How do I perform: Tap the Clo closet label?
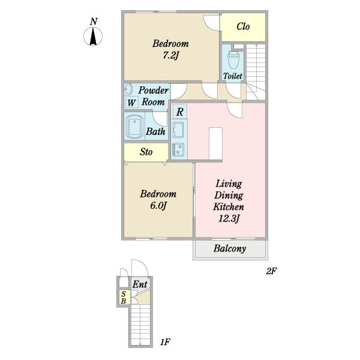[x=243, y=26]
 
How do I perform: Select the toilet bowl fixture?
[x=233, y=59]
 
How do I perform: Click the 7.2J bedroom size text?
[x=170, y=55]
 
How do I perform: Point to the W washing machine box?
[x=131, y=102]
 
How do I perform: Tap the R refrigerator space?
[x=180, y=112]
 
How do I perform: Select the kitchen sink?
[x=178, y=130]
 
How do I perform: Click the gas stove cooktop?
[x=178, y=149]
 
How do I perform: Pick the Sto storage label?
[x=146, y=152]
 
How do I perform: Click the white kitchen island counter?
[x=215, y=144]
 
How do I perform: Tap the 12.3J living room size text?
[x=229, y=218]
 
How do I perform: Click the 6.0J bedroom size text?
[x=158, y=206]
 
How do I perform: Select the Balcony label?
[x=230, y=248]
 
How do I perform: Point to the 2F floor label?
[x=271, y=271]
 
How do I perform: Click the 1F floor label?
[x=165, y=342]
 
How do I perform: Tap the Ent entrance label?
[x=140, y=284]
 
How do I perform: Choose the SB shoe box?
[x=124, y=298]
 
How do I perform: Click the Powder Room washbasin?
[x=128, y=89]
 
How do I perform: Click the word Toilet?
[x=233, y=76]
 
